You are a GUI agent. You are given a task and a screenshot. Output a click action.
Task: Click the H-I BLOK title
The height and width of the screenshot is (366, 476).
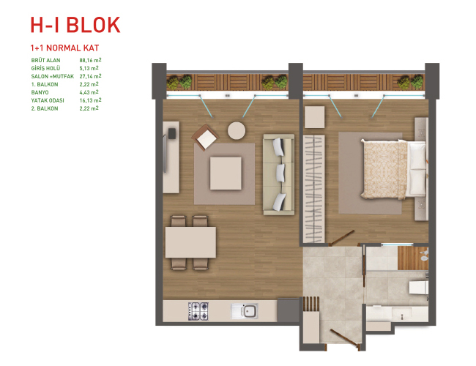coord(75,25)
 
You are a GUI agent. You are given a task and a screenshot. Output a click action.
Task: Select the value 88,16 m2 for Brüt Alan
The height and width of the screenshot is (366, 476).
coord(91,60)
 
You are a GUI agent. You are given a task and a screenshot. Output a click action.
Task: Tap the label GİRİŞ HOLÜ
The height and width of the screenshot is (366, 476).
coord(45,68)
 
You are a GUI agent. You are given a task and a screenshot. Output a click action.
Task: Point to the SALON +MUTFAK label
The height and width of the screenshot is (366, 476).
coord(53,76)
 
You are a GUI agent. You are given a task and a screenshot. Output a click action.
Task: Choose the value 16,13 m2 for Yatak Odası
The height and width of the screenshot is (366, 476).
coord(91,100)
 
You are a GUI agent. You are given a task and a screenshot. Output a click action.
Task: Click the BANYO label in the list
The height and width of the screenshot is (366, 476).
coord(40,92)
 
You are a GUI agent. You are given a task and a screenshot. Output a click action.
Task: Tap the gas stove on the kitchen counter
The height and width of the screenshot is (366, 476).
coord(198,311)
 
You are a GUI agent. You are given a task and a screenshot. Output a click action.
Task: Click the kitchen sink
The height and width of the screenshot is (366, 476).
coord(245,311)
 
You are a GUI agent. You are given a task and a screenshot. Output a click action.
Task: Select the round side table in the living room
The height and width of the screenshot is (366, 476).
coord(237,131)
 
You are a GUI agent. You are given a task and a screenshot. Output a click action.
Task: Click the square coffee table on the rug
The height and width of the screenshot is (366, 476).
coord(226,173)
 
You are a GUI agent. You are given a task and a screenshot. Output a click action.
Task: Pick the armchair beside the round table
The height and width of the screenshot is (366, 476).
coord(205,138)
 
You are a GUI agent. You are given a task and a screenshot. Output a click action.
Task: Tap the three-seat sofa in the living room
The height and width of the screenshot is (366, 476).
coord(279,174)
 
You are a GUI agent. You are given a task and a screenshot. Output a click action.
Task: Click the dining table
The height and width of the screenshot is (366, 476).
coord(190,242)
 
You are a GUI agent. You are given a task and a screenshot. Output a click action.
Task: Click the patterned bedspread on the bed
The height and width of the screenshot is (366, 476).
coord(384,170)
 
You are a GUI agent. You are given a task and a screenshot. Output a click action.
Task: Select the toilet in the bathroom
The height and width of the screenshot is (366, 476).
coord(419,287)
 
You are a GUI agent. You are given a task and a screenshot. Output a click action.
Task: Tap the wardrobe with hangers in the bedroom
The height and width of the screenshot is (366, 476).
coord(314,189)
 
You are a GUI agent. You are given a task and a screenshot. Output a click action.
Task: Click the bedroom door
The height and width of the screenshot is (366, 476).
coord(343,237)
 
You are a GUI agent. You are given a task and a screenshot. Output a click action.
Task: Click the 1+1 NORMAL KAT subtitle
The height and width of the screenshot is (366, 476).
coord(64,48)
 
